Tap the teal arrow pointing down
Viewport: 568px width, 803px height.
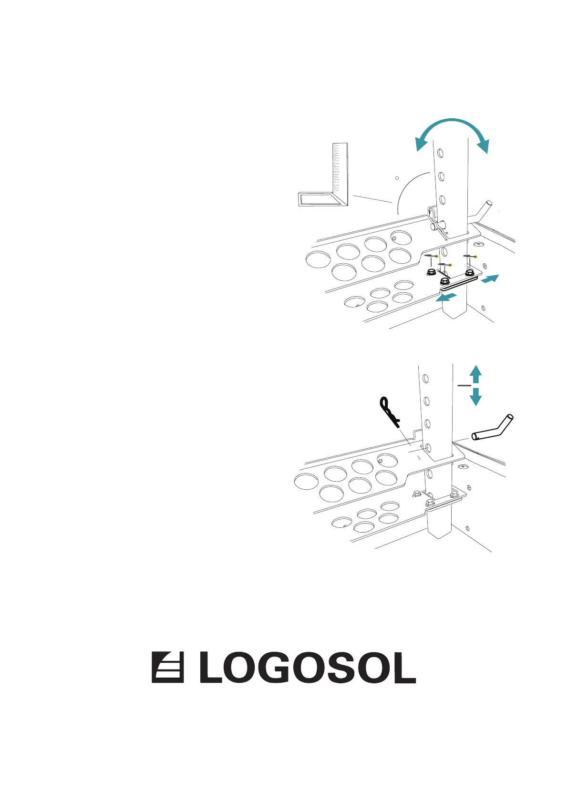[x=475, y=397]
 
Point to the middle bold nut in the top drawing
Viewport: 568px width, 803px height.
[x=445, y=281]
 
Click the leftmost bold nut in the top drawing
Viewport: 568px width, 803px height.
[x=430, y=272]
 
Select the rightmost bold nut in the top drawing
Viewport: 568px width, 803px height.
[x=470, y=274]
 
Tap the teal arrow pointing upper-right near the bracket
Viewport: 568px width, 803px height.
[x=490, y=279]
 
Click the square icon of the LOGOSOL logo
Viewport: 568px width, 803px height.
[x=167, y=667]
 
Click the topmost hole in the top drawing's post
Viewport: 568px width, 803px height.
[x=440, y=154]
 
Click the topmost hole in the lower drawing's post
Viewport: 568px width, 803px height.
[x=426, y=379]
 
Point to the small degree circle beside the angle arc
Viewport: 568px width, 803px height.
[x=397, y=178]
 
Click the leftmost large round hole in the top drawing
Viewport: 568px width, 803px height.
[x=318, y=260]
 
